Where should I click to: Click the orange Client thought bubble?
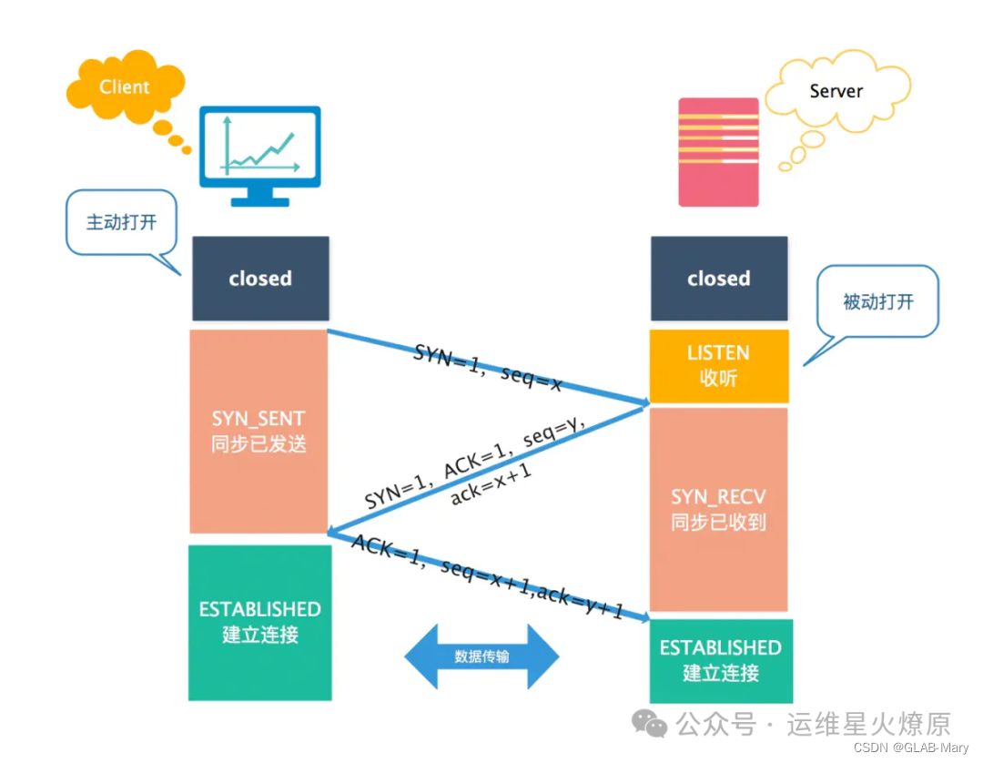tap(124, 88)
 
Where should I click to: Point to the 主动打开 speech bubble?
tap(120, 222)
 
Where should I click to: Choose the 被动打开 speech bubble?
tap(877, 302)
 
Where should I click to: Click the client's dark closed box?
tap(260, 279)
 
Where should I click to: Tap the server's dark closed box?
tap(718, 279)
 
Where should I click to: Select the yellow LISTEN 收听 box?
tap(718, 365)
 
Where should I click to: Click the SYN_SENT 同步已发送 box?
tap(258, 431)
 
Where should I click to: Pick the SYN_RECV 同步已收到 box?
tap(718, 509)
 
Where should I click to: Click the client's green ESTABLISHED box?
tap(260, 622)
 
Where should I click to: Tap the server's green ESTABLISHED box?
tap(720, 660)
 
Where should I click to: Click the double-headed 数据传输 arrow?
tap(481, 656)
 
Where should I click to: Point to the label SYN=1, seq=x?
tap(488, 367)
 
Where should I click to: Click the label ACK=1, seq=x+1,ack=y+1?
tap(488, 577)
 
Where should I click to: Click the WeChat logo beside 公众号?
tap(651, 724)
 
